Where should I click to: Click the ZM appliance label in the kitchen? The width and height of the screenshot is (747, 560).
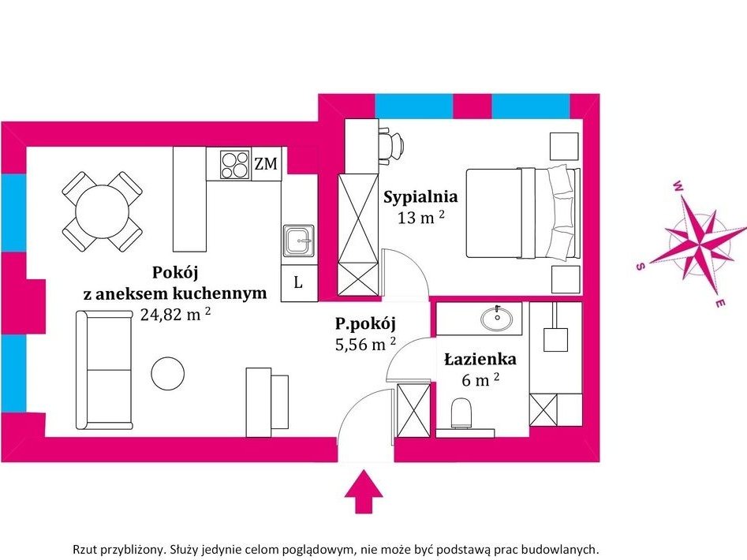(266, 164)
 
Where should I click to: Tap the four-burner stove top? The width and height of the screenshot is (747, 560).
(235, 165)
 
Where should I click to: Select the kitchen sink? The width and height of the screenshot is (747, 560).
(298, 241)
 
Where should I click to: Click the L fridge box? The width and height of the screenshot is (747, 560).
(299, 283)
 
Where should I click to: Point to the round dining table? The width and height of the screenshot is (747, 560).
(103, 211)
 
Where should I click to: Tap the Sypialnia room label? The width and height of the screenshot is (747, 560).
(420, 196)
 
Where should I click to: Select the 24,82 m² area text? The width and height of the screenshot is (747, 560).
(175, 314)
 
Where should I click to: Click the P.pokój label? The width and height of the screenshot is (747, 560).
(365, 324)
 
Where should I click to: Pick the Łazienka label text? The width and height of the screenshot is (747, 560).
(480, 359)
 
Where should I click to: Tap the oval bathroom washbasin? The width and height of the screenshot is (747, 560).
(497, 319)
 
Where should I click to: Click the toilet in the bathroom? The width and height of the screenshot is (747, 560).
(461, 413)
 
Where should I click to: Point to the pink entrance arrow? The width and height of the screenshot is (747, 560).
(364, 491)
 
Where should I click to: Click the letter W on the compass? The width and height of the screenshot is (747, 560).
(678, 186)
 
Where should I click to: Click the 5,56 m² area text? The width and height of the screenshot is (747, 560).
(365, 344)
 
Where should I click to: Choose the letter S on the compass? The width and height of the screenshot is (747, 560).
(641, 266)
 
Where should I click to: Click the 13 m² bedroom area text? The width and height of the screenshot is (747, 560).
(421, 218)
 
